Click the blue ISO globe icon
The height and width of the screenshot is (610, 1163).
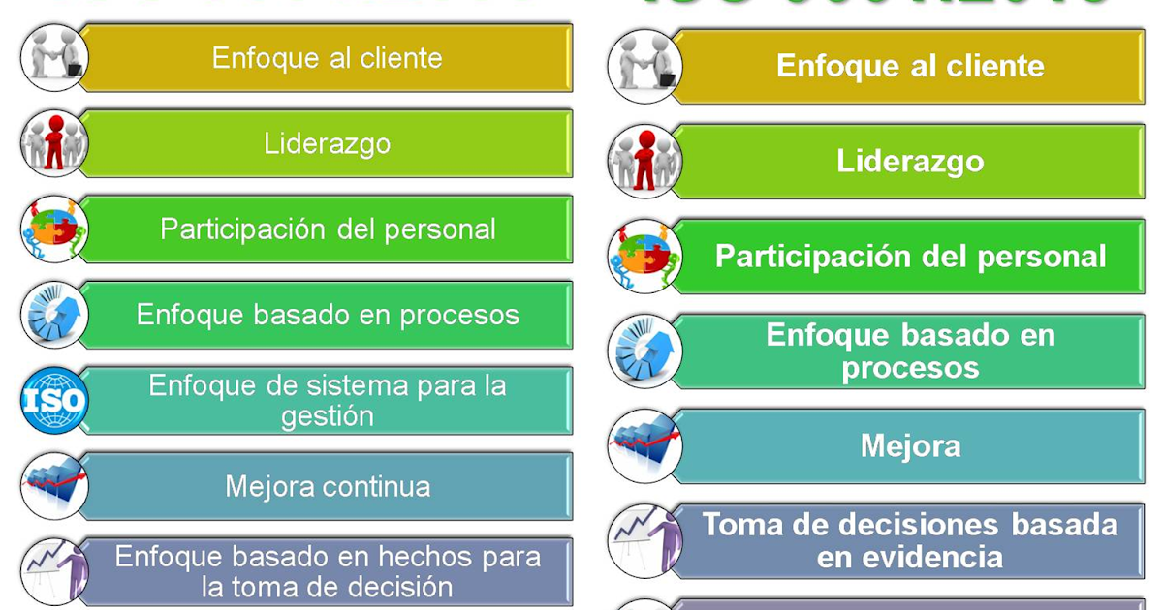point(54,401)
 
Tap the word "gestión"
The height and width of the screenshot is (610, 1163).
point(328,417)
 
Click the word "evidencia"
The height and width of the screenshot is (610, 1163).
point(909,558)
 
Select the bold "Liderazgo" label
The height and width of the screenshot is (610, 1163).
point(910,162)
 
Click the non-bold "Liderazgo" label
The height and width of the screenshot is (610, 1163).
point(328,144)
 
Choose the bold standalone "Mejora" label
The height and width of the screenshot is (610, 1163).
point(910,445)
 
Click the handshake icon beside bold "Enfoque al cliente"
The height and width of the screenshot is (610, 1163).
point(644,67)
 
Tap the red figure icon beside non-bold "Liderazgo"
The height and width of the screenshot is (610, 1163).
point(54,144)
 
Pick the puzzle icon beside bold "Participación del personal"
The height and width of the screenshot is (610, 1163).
point(644,257)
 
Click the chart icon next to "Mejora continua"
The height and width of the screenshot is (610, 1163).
point(54,486)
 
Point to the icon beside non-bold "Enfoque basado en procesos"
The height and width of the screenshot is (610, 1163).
point(54,315)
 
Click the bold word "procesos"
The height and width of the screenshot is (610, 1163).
point(910,368)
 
